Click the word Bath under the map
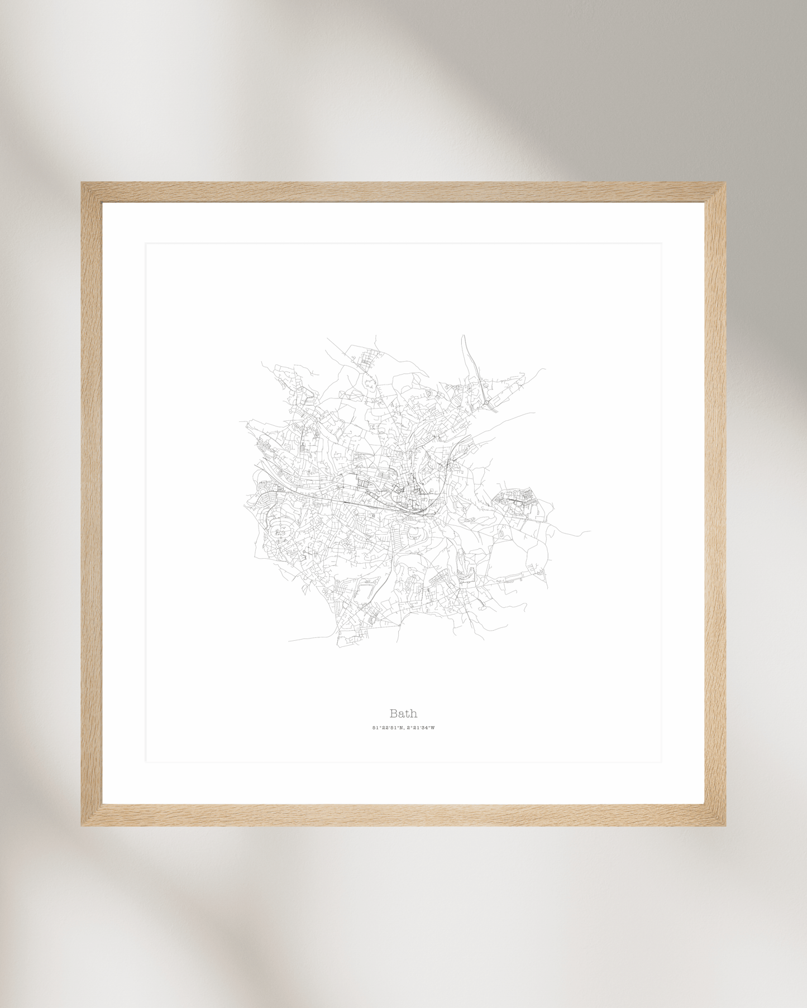(x=403, y=713)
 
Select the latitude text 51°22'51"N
(x=387, y=728)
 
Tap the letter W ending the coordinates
(x=432, y=728)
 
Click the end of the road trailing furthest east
(x=590, y=531)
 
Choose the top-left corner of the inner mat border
(x=146, y=243)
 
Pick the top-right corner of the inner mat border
(x=661, y=243)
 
